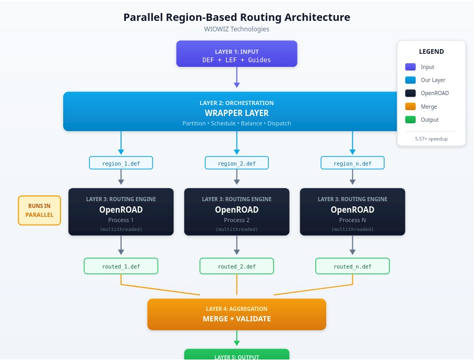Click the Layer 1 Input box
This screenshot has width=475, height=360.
click(236, 54)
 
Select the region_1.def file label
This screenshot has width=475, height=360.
click(121, 164)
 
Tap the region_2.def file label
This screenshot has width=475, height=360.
click(236, 164)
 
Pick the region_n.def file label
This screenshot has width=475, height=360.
click(352, 164)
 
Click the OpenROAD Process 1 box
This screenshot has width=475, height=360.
click(121, 212)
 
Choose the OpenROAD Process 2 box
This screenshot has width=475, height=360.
click(236, 212)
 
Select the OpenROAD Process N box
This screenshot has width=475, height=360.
click(352, 212)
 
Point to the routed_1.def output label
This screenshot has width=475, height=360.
click(121, 266)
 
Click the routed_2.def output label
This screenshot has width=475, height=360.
click(236, 266)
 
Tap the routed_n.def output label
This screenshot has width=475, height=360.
click(352, 266)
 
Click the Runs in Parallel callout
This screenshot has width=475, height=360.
click(40, 211)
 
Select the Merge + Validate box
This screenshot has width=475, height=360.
click(236, 314)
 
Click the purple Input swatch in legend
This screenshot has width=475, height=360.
click(410, 67)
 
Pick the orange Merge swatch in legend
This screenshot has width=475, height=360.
click(410, 107)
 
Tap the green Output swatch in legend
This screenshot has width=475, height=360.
click(410, 120)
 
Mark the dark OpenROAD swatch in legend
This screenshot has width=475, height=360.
click(410, 94)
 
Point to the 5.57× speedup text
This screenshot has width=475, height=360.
click(431, 139)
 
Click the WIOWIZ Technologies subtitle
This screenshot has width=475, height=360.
click(236, 29)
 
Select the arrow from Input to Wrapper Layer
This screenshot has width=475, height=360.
click(236, 77)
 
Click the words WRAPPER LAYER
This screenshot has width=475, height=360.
click(236, 113)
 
